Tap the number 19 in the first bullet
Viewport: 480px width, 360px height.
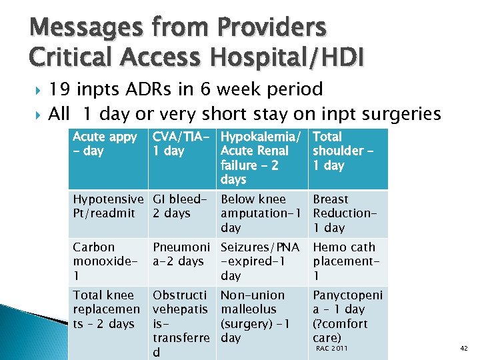pos(61,89)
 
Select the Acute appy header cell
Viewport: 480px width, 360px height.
pos(107,158)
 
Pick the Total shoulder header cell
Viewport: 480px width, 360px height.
pos(347,158)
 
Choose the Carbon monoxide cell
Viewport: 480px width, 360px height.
pos(107,261)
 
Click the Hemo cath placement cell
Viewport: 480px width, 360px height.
pos(347,261)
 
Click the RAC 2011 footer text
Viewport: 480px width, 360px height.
pos(331,348)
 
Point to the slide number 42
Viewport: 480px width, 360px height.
pos(464,348)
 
